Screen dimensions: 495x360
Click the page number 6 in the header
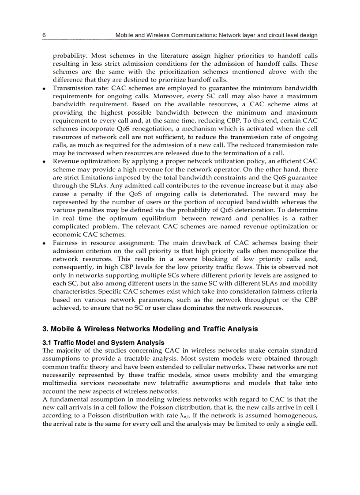tap(44, 35)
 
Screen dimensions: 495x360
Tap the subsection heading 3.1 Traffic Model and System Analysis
tap(103, 342)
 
